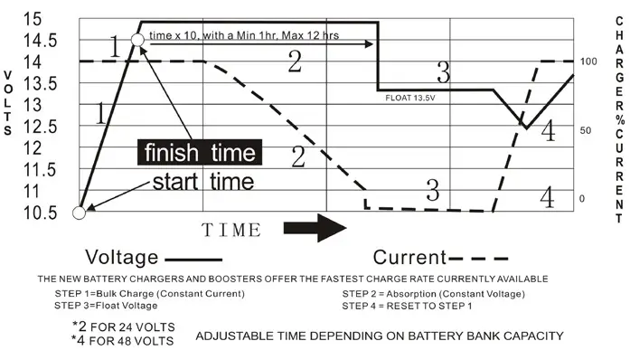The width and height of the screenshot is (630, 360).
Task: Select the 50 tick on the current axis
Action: click(x=586, y=130)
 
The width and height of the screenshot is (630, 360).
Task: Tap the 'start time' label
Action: click(x=202, y=181)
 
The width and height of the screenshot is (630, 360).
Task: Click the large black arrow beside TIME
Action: click(x=315, y=229)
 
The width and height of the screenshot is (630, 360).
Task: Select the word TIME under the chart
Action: click(x=231, y=230)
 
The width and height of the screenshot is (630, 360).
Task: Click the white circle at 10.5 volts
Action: click(x=80, y=213)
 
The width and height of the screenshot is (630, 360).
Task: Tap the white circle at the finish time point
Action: click(x=137, y=41)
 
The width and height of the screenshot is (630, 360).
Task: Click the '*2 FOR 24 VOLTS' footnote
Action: click(x=123, y=326)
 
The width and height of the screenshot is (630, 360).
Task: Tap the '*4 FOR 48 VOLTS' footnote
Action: click(x=123, y=341)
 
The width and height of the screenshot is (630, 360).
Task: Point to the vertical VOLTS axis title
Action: click(x=8, y=103)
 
